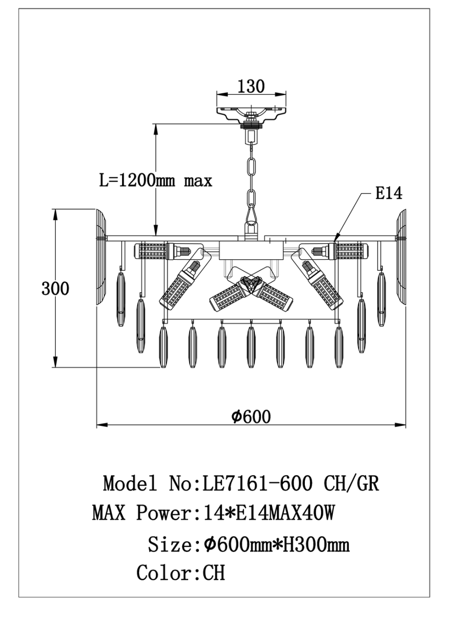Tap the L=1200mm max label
[x=156, y=180]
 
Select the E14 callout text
[x=388, y=194]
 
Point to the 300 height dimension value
[x=55, y=288]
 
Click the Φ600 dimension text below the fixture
[x=251, y=417]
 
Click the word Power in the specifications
[x=164, y=513]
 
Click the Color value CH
[x=213, y=572]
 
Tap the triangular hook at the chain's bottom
[x=251, y=214]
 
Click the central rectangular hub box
[x=251, y=250]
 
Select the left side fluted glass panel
[x=101, y=256]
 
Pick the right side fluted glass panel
[x=401, y=256]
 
